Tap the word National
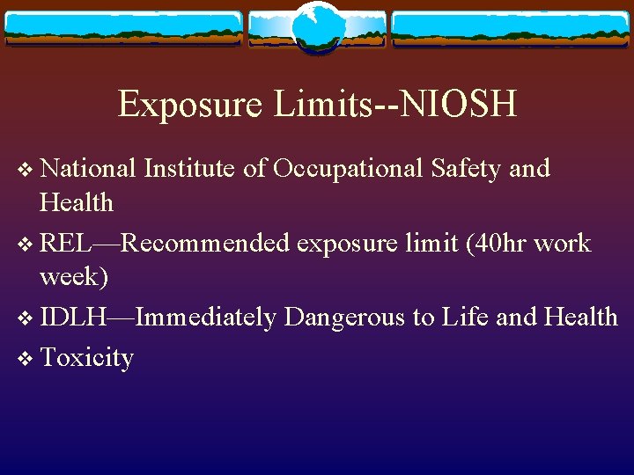[x=88, y=167]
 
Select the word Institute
[x=189, y=167]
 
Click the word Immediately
[x=206, y=317]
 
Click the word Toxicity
[x=87, y=357]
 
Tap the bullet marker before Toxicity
[x=26, y=359]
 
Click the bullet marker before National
[x=26, y=169]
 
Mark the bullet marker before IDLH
[x=26, y=318]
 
